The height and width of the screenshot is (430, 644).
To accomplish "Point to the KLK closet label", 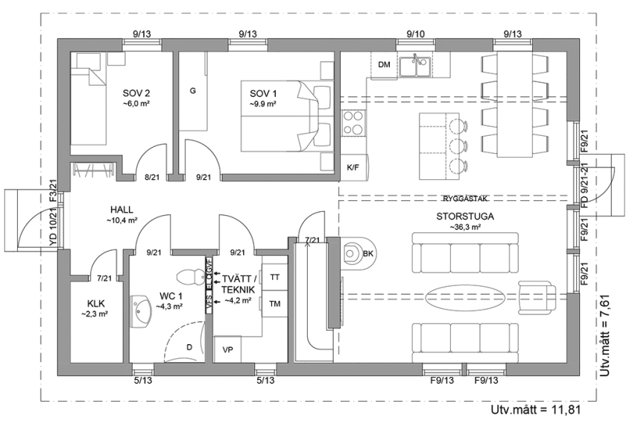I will (x=95, y=304).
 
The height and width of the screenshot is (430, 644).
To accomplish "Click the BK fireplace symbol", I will (x=356, y=254).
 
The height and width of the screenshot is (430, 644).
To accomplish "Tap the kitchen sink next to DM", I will (x=414, y=67).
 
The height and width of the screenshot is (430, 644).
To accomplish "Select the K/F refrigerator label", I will (x=353, y=168).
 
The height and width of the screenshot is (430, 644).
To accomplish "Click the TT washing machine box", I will (x=275, y=276).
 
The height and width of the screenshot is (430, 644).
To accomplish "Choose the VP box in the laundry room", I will (x=227, y=349).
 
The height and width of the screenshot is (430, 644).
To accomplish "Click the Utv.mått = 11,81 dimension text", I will (x=535, y=410).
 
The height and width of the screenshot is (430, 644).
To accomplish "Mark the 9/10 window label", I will (x=416, y=34).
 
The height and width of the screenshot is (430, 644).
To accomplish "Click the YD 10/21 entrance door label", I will (x=53, y=229).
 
